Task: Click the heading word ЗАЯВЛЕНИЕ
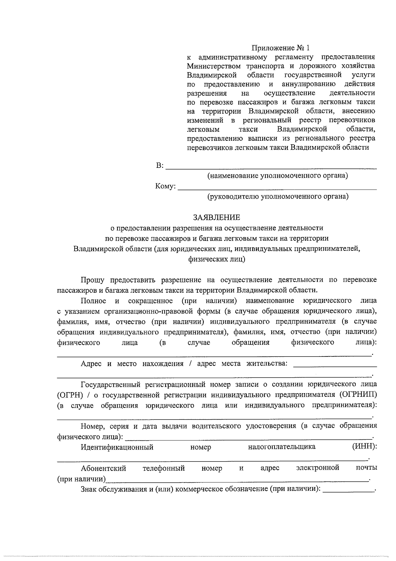216,217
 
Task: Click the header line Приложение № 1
281,48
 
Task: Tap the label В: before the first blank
159,166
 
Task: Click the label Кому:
165,187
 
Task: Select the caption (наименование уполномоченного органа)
278,175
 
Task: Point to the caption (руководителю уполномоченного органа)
278,197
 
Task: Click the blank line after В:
271,168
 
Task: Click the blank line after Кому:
277,189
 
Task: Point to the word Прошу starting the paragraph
93,280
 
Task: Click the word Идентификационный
117,447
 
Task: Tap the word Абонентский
104,468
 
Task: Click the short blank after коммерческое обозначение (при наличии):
348,491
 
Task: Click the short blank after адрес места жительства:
335,366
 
